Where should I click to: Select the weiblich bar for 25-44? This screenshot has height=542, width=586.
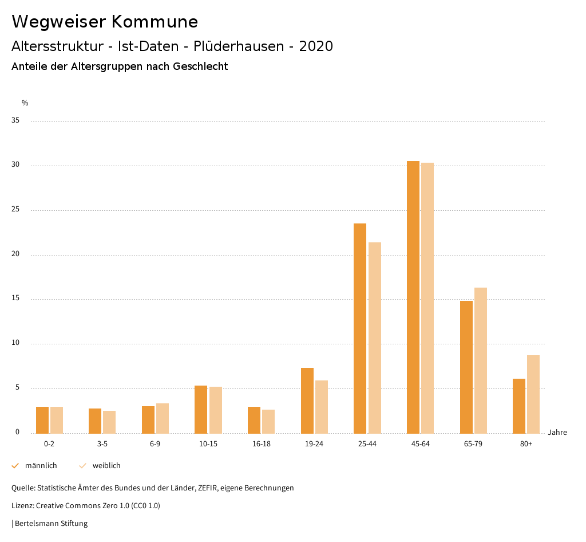coord(375,337)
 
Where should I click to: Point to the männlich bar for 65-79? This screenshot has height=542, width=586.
coord(466,367)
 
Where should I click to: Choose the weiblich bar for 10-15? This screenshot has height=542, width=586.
coord(216,410)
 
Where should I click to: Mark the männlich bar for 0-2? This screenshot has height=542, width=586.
coord(42,419)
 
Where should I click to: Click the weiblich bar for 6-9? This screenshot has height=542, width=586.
coord(163,418)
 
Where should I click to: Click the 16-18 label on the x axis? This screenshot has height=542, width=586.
coord(262,444)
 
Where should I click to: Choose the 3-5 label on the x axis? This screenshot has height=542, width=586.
coord(102,444)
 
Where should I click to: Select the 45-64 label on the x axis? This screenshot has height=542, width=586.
coord(421,444)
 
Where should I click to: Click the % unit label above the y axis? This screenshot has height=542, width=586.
coord(25,103)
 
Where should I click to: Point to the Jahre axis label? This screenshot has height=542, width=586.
coord(557,433)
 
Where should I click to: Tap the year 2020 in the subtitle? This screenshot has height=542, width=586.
coord(316,46)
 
